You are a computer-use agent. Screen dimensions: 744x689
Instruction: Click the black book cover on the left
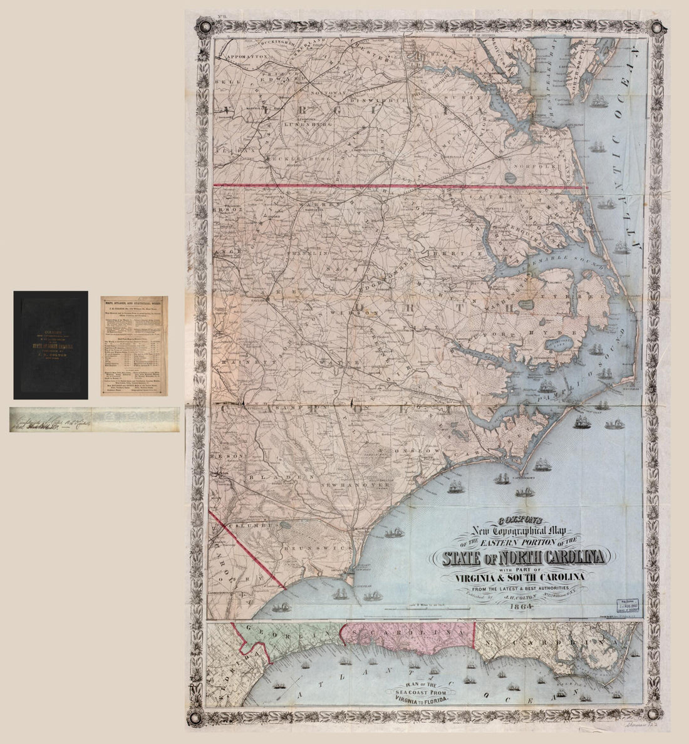pos(51,345)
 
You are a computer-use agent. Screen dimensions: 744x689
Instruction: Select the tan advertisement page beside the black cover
pos(134,346)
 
